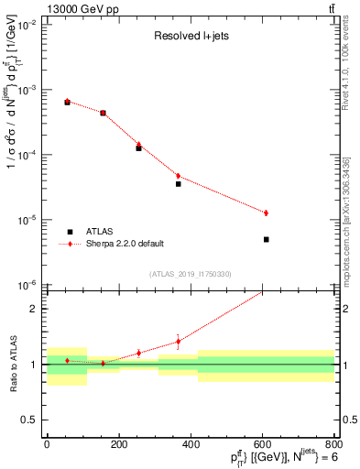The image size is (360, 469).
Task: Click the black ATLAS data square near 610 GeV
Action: click(x=266, y=239)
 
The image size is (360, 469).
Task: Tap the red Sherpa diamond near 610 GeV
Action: click(x=266, y=213)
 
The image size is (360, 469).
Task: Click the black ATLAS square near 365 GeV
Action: click(x=178, y=184)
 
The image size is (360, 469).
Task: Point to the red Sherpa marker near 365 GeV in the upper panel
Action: click(x=178, y=176)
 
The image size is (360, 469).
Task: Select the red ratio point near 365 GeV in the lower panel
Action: click(x=178, y=342)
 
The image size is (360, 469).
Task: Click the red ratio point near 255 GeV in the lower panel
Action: click(x=138, y=353)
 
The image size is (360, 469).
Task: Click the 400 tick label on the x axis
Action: click(x=191, y=445)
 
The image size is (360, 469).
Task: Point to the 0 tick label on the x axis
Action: click(x=47, y=445)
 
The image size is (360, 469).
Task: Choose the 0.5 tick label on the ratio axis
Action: click(x=32, y=420)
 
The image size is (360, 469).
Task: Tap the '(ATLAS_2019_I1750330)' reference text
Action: click(x=190, y=274)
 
